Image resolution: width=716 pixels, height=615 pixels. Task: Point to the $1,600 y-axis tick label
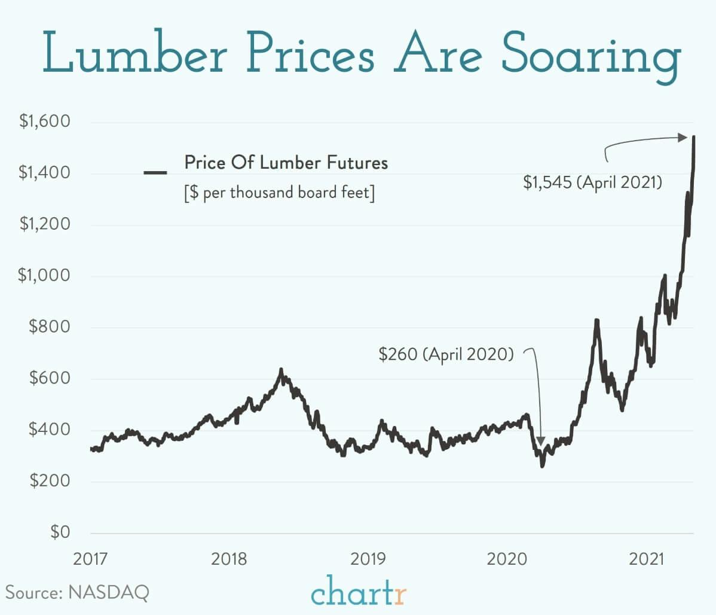click(x=44, y=121)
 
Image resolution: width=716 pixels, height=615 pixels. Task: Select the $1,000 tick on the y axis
click(x=44, y=276)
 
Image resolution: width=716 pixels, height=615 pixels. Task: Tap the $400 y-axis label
click(x=49, y=430)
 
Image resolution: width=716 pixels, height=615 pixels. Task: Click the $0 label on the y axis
click(x=60, y=532)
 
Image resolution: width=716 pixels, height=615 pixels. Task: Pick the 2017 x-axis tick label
click(x=91, y=559)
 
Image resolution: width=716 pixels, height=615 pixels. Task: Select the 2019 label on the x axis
click(x=368, y=559)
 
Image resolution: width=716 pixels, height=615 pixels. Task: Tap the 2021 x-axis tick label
click(x=647, y=559)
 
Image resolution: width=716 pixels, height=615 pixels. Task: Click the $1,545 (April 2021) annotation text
click(x=592, y=182)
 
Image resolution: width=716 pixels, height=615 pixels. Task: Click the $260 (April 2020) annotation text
click(x=446, y=354)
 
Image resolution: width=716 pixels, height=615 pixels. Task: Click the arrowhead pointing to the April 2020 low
click(x=541, y=441)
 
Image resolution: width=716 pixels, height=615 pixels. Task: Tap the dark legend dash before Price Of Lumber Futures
click(x=155, y=172)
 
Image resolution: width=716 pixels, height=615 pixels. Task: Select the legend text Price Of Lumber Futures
click(x=286, y=163)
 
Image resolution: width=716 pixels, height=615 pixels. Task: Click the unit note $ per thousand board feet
click(x=279, y=193)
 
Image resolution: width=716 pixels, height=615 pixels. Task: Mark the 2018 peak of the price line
click(x=281, y=371)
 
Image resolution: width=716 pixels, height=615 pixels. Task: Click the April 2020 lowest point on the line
click(x=542, y=465)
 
